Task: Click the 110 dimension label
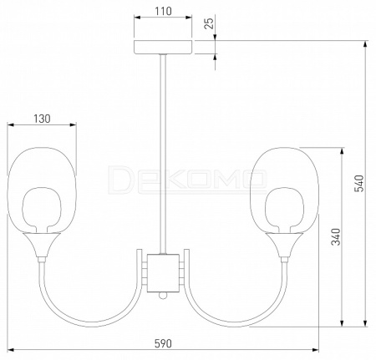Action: pos(163,11)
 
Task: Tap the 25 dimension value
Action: pos(209,23)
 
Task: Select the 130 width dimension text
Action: pos(42,119)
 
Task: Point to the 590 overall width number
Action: pos(163,344)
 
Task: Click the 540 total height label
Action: pos(359,184)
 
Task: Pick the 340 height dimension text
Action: pos(336,237)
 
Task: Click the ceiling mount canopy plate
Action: pos(163,47)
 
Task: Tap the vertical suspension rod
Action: pos(163,154)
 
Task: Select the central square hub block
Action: pos(163,273)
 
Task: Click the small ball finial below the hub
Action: pos(163,296)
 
